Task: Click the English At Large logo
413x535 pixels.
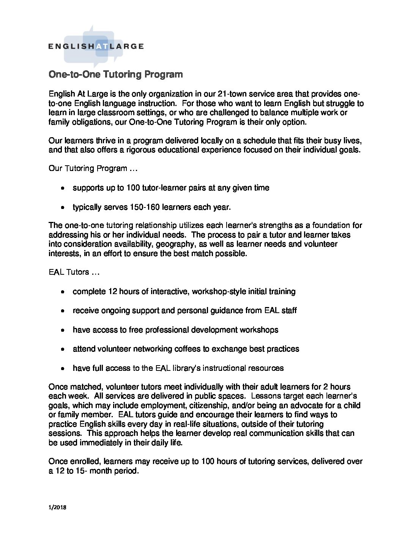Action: tap(96, 46)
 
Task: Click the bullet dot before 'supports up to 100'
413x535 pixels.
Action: tap(63, 188)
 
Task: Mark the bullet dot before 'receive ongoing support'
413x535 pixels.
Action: tap(63, 311)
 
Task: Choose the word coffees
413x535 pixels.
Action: tap(188, 348)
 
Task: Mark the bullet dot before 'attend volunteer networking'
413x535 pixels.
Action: tap(63, 349)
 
